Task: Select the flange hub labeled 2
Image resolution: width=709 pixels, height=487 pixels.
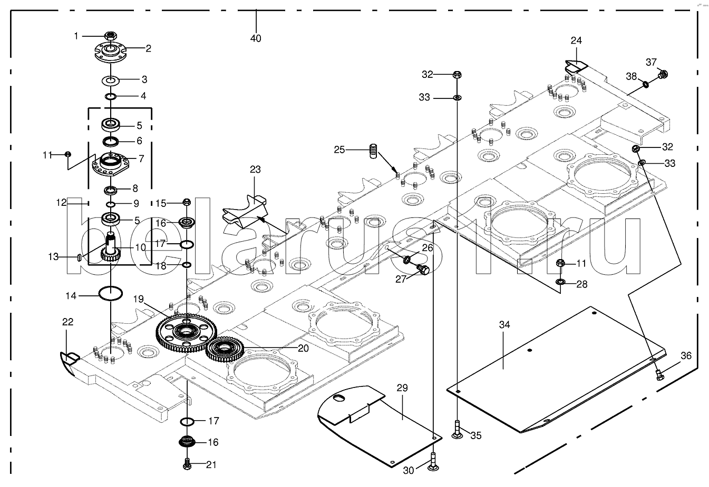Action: pyautogui.click(x=110, y=52)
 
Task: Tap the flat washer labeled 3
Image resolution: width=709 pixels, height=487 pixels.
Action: pyautogui.click(x=110, y=80)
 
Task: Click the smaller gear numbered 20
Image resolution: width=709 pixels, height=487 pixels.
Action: pyautogui.click(x=225, y=349)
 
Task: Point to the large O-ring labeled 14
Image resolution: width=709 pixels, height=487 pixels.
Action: pyautogui.click(x=111, y=293)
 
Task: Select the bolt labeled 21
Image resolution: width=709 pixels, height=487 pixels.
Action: pyautogui.click(x=187, y=464)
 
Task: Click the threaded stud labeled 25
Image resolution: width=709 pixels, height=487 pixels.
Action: pyautogui.click(x=374, y=151)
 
